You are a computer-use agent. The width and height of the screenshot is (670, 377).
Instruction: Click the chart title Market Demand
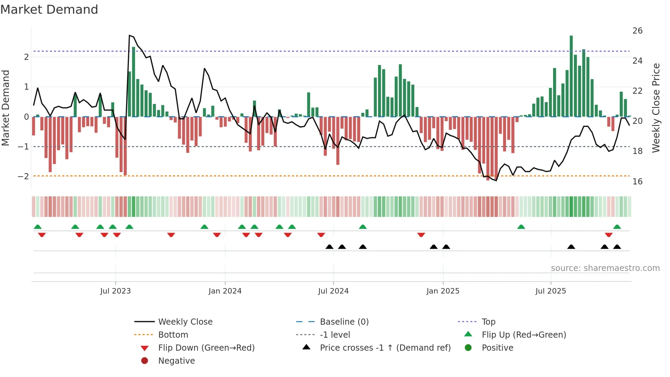pyautogui.click(x=49, y=10)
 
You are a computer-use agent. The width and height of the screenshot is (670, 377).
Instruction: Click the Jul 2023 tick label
pyautogui.click(x=116, y=291)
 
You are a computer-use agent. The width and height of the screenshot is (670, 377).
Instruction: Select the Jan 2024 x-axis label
pyautogui.click(x=225, y=291)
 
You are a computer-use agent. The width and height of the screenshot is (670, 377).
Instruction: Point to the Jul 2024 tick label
pyautogui.click(x=333, y=291)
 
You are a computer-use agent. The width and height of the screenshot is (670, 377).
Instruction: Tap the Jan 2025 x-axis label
pyautogui.click(x=443, y=291)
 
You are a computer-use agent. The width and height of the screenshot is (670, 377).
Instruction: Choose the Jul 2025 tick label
pyautogui.click(x=551, y=291)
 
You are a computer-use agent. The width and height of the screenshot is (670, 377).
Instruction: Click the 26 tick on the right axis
pyautogui.click(x=638, y=31)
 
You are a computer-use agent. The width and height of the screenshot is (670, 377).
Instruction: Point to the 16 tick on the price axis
pyautogui.click(x=638, y=181)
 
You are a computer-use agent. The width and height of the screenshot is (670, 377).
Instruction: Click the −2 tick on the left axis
pyautogui.click(x=23, y=177)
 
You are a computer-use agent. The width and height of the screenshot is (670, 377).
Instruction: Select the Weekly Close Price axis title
pyautogui.click(x=656, y=108)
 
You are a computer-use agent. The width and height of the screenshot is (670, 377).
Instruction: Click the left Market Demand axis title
pyautogui.click(x=6, y=108)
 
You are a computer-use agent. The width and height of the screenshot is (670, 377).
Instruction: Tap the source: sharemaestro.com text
pyautogui.click(x=605, y=268)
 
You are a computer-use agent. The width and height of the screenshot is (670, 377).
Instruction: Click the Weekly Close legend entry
pyautogui.click(x=185, y=322)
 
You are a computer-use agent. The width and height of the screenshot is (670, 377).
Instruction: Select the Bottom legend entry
pyautogui.click(x=173, y=335)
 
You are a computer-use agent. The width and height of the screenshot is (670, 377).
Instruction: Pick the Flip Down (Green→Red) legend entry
pyautogui.click(x=206, y=348)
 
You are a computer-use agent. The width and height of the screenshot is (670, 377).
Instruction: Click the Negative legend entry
pyautogui.click(x=176, y=361)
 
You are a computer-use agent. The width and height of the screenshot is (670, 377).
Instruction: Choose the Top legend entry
pyautogui.click(x=488, y=322)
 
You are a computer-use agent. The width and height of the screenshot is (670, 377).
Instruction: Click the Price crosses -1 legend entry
pyautogui.click(x=385, y=348)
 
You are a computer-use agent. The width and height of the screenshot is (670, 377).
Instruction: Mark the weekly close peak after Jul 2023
pyautogui.click(x=130, y=36)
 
